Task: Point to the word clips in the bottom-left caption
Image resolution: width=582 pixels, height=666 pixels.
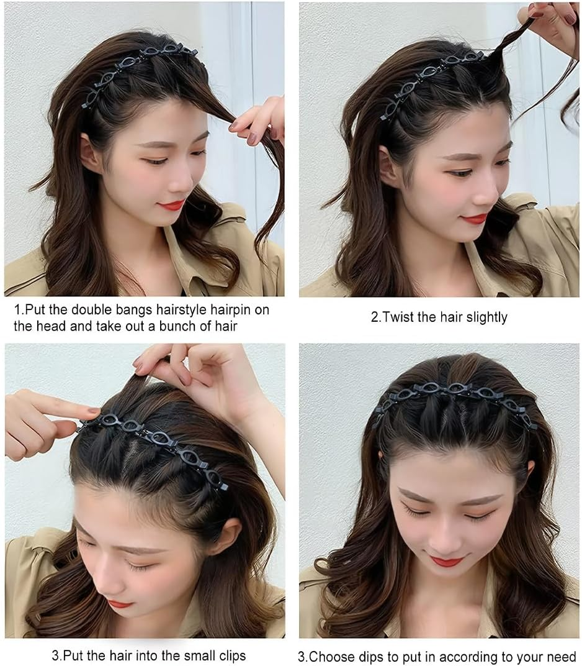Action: (x=228, y=655)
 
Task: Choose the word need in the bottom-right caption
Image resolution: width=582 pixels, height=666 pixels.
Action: (x=562, y=657)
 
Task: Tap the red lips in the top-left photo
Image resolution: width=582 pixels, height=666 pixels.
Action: (x=171, y=205)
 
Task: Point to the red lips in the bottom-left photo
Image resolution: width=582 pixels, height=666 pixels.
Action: (x=119, y=604)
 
